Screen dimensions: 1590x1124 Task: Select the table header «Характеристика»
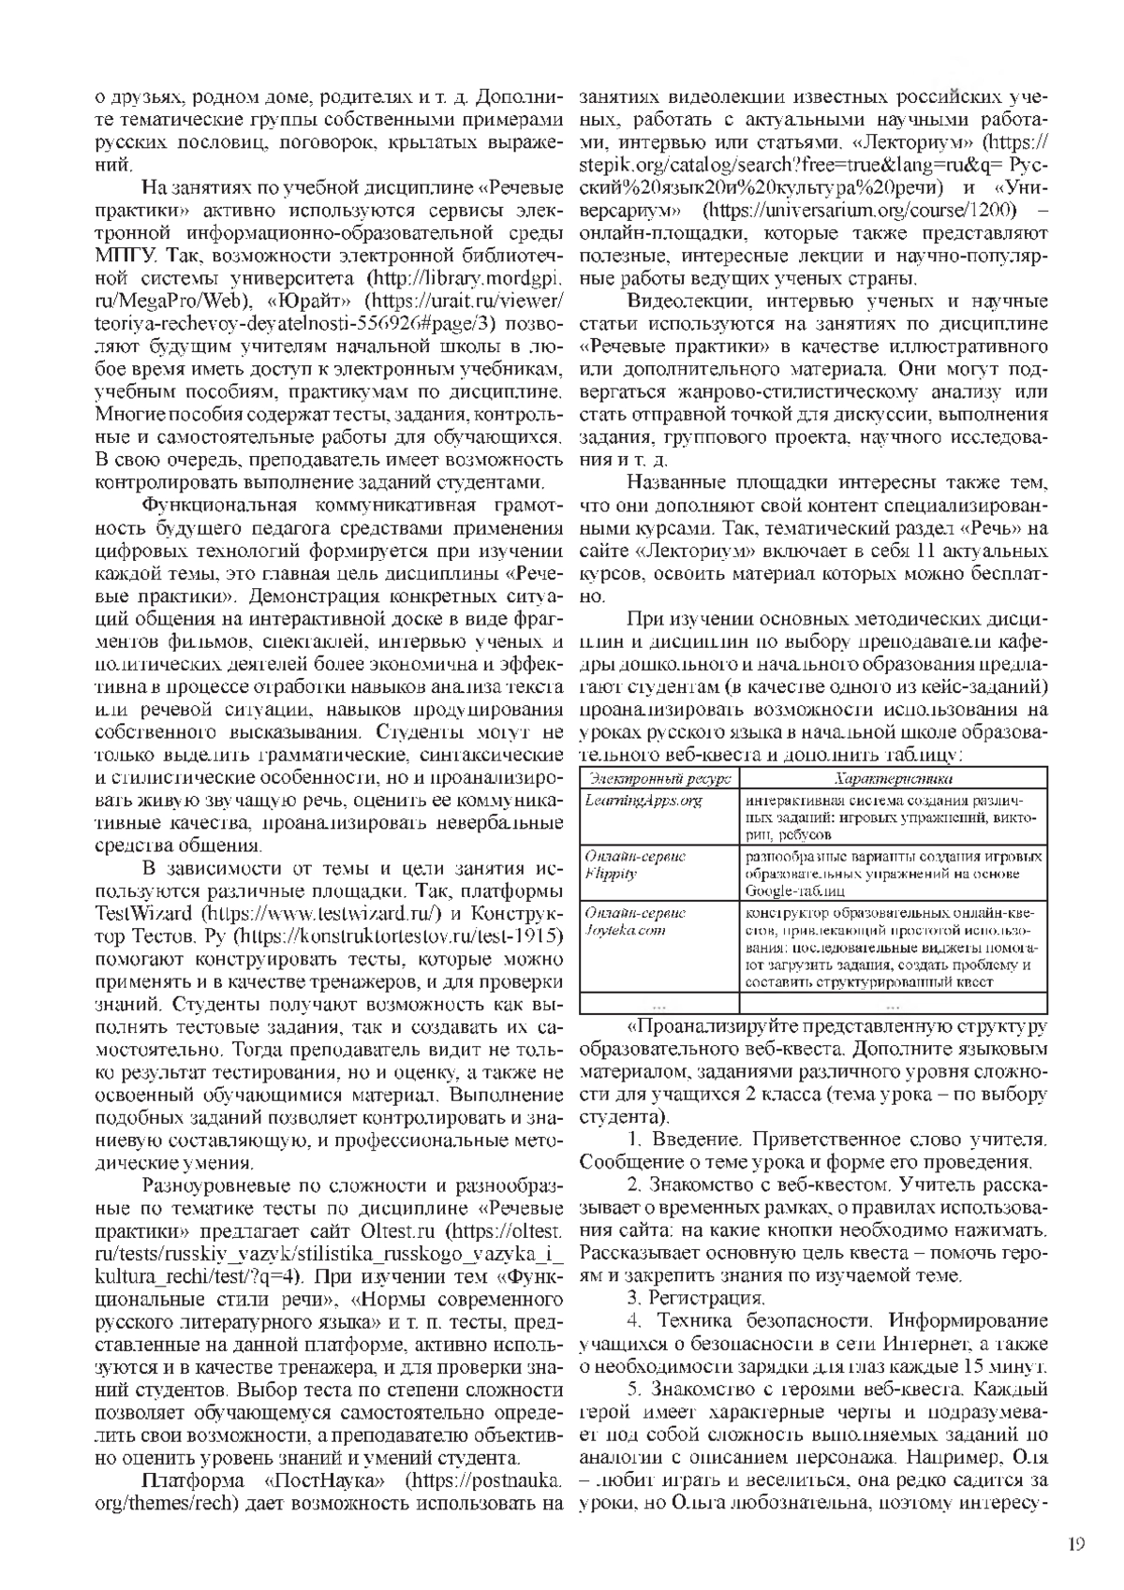[x=894, y=778]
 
